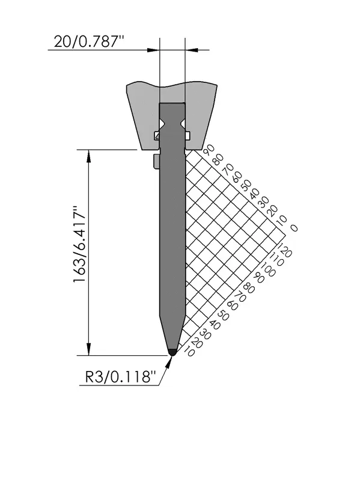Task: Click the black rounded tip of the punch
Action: (x=172, y=352)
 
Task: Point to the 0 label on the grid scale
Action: (x=293, y=228)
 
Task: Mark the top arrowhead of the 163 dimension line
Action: (x=89, y=156)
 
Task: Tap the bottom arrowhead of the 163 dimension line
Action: (x=89, y=349)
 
